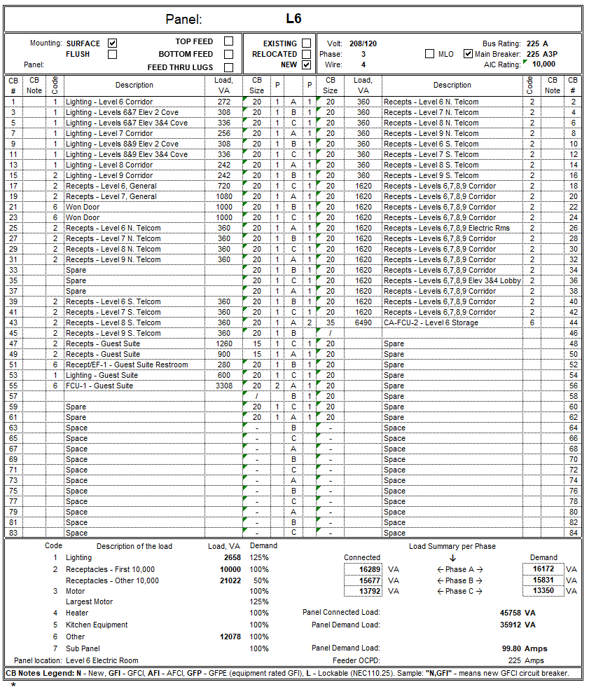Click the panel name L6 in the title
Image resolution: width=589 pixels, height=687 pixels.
[293, 18]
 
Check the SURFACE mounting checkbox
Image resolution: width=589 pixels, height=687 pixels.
[112, 43]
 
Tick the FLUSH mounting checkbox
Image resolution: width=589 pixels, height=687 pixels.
[112, 54]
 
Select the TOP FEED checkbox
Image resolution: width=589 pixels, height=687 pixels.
[228, 41]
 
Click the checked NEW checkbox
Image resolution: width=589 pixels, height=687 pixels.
[306, 64]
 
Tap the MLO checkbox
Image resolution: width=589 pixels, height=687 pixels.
[429, 54]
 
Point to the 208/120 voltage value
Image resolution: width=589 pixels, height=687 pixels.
[363, 43]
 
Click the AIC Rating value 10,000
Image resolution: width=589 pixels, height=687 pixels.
[543, 64]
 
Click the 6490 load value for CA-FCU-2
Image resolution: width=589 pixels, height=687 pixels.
[363, 322]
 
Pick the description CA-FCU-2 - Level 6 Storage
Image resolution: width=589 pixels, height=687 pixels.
[431, 322]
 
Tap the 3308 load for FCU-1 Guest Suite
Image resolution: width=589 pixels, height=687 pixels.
[223, 386]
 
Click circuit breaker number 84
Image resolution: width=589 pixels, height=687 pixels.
[573, 533]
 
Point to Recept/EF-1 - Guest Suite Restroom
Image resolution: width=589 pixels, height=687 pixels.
[127, 365]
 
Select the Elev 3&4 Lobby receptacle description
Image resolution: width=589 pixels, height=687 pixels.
[452, 280]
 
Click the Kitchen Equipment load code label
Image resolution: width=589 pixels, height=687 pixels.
[97, 625]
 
